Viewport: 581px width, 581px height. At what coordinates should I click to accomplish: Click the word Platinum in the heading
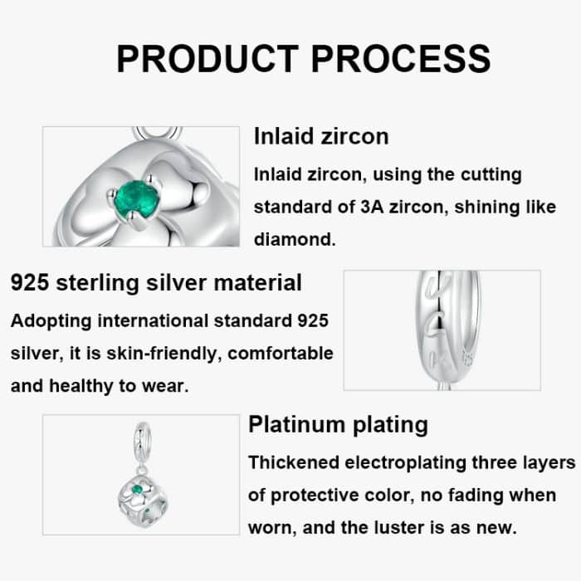pos(296,425)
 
